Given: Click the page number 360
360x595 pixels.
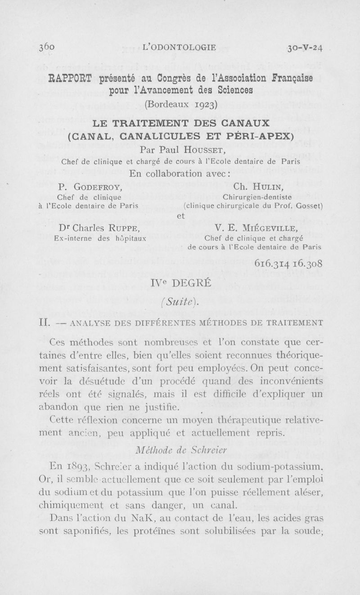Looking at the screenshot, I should [47, 47].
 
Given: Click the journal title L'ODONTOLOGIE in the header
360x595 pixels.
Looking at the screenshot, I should [179, 46].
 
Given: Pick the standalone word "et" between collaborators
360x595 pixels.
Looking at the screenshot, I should [180, 216].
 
